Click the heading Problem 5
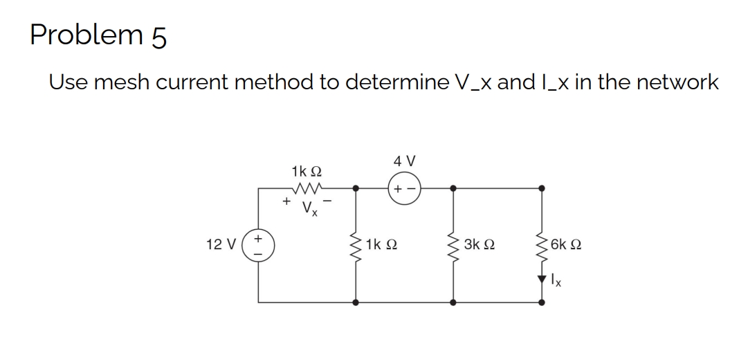coord(98,34)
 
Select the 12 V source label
coord(219,244)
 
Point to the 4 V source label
coord(404,161)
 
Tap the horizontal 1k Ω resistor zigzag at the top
coord(304,187)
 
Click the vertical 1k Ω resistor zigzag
coord(356,244)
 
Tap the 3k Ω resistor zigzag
coord(453,244)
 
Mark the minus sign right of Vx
coord(329,201)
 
